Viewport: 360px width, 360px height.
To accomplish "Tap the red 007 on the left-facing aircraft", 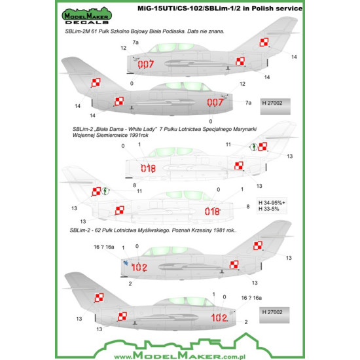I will pyautogui.click(x=145, y=63).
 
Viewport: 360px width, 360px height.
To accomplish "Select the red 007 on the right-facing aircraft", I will pyautogui.click(x=215, y=102).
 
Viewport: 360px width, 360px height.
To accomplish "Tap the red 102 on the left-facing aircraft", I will pyautogui.click(x=139, y=266).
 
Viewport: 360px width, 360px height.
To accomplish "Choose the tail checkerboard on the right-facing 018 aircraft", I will pyautogui.click(x=98, y=192).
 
